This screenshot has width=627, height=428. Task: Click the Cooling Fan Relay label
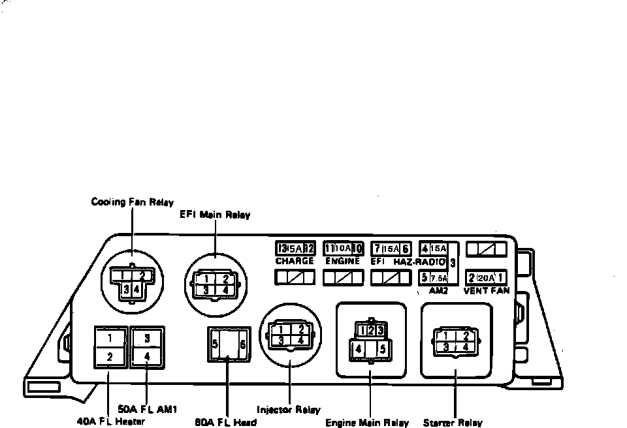coord(132,202)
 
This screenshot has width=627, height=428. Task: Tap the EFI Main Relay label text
coord(215,215)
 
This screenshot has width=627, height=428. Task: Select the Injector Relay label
coord(289,410)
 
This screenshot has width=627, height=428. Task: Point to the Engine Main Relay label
coord(367,423)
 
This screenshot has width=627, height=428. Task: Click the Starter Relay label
coord(453,423)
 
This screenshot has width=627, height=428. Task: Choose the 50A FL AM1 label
coord(147,409)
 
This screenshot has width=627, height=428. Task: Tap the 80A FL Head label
coord(226,421)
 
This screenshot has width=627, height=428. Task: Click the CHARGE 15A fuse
coord(295,249)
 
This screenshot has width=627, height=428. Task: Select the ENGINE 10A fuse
coord(344,249)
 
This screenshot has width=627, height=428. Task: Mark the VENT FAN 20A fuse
coord(486,277)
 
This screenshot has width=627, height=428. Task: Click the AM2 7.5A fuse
coord(433,277)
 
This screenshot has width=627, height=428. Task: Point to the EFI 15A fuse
coord(391,249)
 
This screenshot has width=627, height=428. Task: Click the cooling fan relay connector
coord(133,282)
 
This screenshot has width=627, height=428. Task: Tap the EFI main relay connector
coord(216,284)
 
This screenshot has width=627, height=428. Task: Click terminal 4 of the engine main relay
coord(358,349)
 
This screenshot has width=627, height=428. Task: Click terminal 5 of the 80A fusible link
coord(215,344)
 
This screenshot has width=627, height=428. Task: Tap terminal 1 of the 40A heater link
coord(110,338)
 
